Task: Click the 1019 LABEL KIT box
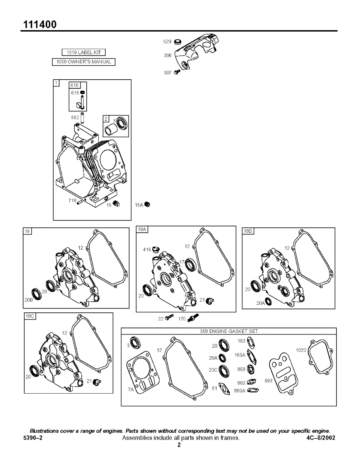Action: point(84,53)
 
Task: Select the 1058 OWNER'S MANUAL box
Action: point(84,62)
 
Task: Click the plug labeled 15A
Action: point(147,205)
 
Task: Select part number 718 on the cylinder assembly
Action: point(72,200)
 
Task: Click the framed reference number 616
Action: point(74,85)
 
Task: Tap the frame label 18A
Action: point(142,230)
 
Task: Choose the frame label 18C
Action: point(30,316)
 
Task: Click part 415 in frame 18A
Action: point(156,249)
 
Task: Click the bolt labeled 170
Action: point(193,318)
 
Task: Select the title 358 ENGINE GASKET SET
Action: point(229,331)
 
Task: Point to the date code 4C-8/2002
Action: point(321,438)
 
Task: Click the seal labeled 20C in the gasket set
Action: point(223,370)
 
